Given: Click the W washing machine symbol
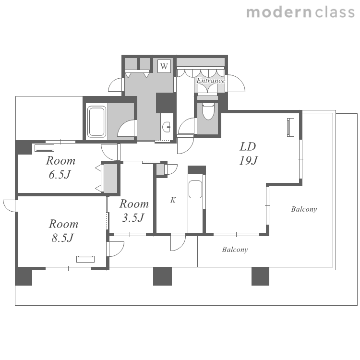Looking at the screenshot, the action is click(x=164, y=66).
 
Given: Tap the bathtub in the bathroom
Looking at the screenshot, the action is click(x=97, y=121).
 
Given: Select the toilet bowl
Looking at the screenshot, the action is click(x=208, y=111).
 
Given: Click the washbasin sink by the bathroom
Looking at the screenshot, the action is click(x=167, y=127).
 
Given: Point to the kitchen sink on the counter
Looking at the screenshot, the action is click(x=195, y=190).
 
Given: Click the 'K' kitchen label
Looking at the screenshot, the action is click(x=173, y=200).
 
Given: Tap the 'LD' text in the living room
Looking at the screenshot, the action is click(x=248, y=146).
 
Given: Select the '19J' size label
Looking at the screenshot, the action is click(x=248, y=160).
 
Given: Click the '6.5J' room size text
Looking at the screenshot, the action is click(x=60, y=175).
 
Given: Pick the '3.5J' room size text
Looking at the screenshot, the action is click(x=133, y=217).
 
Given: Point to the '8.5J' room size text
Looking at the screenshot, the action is click(x=62, y=238).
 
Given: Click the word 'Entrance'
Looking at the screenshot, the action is click(x=211, y=81).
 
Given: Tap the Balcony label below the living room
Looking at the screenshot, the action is click(x=235, y=250).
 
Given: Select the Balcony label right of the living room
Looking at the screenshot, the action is click(x=304, y=209).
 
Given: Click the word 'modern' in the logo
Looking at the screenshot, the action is click(x=279, y=12).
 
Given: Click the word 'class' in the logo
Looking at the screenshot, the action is click(x=335, y=12).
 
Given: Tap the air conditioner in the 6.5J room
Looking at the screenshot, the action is click(x=45, y=148).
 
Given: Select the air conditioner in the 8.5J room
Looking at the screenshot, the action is click(x=85, y=259).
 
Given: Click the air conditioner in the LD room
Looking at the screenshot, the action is click(x=291, y=127).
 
